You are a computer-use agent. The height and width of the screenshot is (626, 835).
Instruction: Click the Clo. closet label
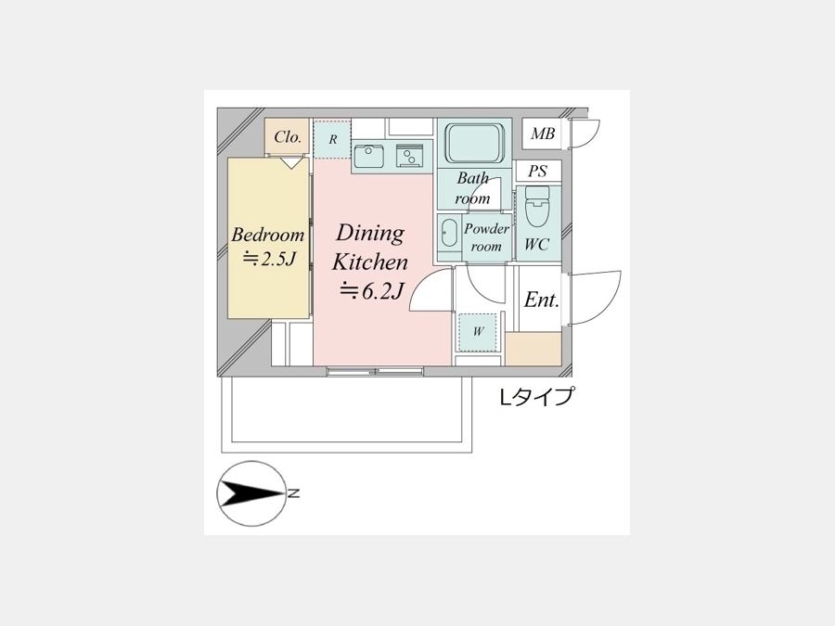coord(289,137)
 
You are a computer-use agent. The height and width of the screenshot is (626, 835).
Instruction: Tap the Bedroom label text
coord(268,235)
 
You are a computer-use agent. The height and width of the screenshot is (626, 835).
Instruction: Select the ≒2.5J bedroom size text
coord(269,260)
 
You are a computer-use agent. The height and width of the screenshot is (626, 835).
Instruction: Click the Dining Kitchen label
coord(370,248)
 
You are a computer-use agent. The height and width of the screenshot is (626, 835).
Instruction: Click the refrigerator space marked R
coord(333,139)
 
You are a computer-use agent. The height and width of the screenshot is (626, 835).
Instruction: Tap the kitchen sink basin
coord(369,156)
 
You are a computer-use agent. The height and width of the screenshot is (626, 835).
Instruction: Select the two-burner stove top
coord(409,156)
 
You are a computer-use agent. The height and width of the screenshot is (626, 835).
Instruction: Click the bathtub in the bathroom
coord(474,144)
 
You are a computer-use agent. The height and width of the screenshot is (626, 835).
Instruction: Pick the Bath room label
coord(472,188)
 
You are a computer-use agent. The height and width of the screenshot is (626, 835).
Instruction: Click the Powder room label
coord(486,237)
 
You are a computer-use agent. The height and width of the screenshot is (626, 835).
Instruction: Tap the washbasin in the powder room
coord(449,233)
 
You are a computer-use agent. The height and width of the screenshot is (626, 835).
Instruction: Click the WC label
coord(537,244)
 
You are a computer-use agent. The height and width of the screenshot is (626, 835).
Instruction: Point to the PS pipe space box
coord(538,172)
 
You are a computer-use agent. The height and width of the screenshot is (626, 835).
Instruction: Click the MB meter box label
coord(543,134)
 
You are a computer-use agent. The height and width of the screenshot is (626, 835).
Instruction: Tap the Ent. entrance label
coord(541,300)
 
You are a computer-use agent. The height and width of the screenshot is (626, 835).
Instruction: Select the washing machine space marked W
coord(478,332)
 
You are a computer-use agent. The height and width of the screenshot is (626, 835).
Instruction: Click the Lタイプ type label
coord(537,397)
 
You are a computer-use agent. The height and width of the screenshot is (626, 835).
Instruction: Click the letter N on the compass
coord(293,494)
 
